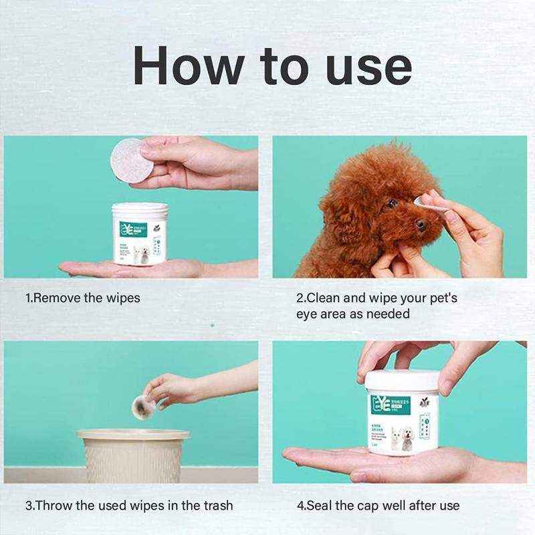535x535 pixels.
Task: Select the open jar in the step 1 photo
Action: (139, 234)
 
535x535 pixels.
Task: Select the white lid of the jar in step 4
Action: (402, 381)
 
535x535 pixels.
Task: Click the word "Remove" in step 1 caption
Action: (57, 298)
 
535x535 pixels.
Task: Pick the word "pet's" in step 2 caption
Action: (439, 298)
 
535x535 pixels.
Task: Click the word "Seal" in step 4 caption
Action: (321, 506)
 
